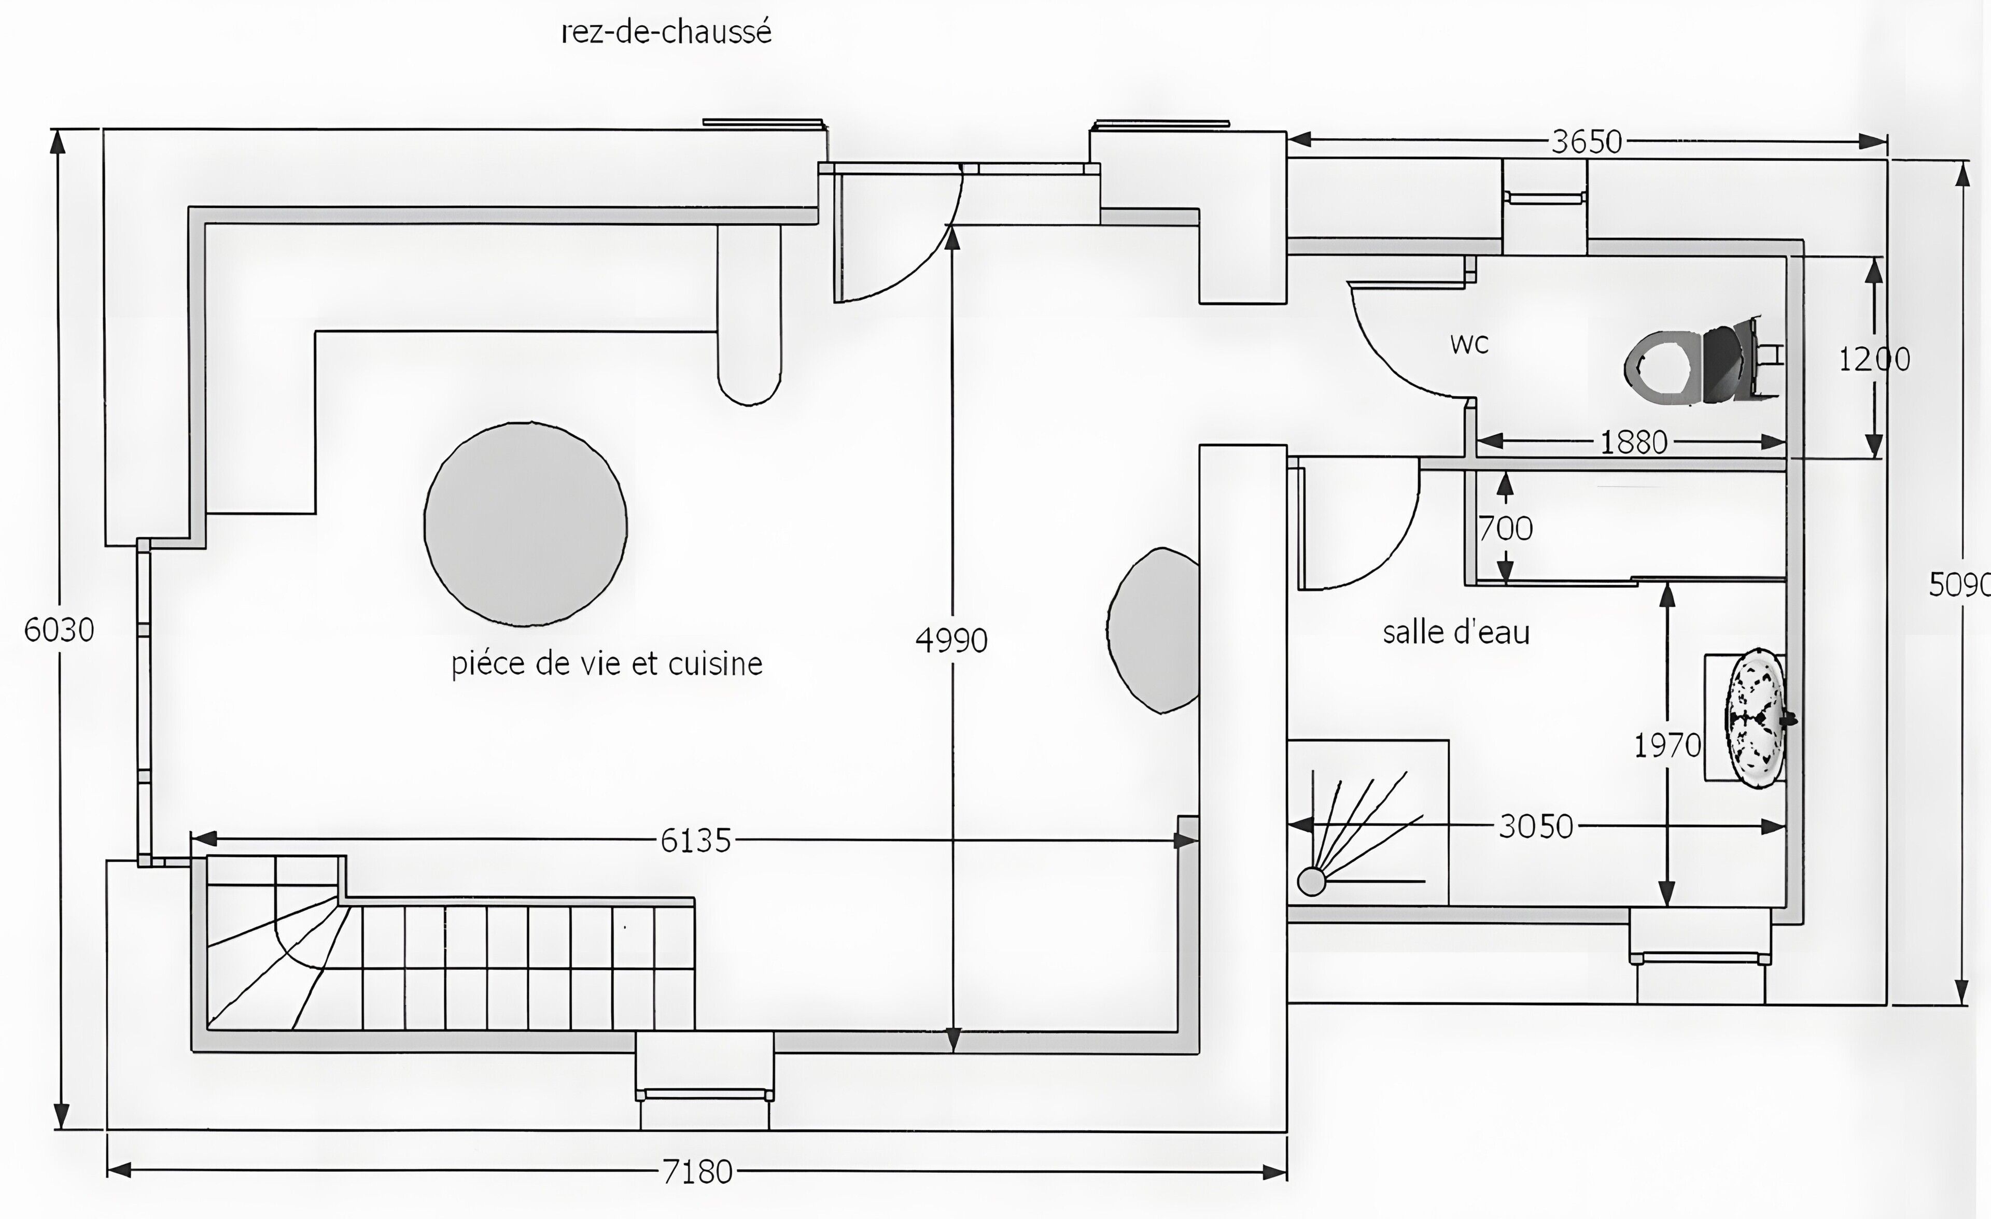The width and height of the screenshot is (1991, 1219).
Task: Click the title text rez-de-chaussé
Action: (667, 32)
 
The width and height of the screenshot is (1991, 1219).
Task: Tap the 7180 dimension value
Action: (697, 1171)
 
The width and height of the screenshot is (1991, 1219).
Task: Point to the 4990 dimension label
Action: (952, 641)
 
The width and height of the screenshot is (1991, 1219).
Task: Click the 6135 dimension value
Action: (696, 841)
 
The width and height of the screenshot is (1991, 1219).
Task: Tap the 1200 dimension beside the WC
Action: (1875, 359)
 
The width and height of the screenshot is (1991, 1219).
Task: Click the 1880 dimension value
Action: (1634, 442)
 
